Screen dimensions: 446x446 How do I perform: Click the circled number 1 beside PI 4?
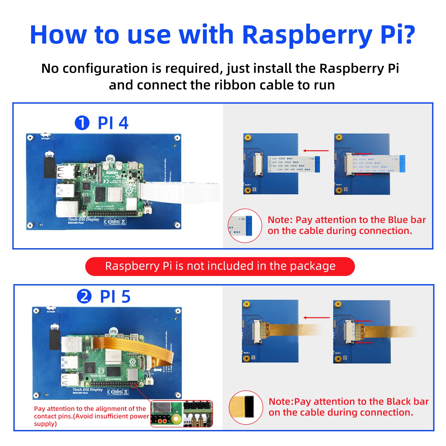pos(82,123)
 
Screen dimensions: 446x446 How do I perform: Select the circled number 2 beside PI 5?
pos(84,297)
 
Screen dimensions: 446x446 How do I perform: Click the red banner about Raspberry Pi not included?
pos(220,266)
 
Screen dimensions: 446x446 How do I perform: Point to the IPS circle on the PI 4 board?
pos(110,159)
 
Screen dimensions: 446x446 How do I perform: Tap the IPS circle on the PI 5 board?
pos(113,332)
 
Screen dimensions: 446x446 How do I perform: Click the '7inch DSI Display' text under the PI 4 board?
pos(83,219)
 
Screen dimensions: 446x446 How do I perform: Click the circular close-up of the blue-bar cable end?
pos(245,226)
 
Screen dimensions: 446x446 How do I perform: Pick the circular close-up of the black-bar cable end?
pos(246,407)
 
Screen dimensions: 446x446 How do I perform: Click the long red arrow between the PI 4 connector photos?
pos(316,151)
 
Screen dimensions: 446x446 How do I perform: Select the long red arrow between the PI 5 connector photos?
pos(316,318)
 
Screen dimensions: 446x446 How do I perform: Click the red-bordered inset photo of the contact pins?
pos(182,414)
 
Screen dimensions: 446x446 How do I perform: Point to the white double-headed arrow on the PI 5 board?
pos(157,370)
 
